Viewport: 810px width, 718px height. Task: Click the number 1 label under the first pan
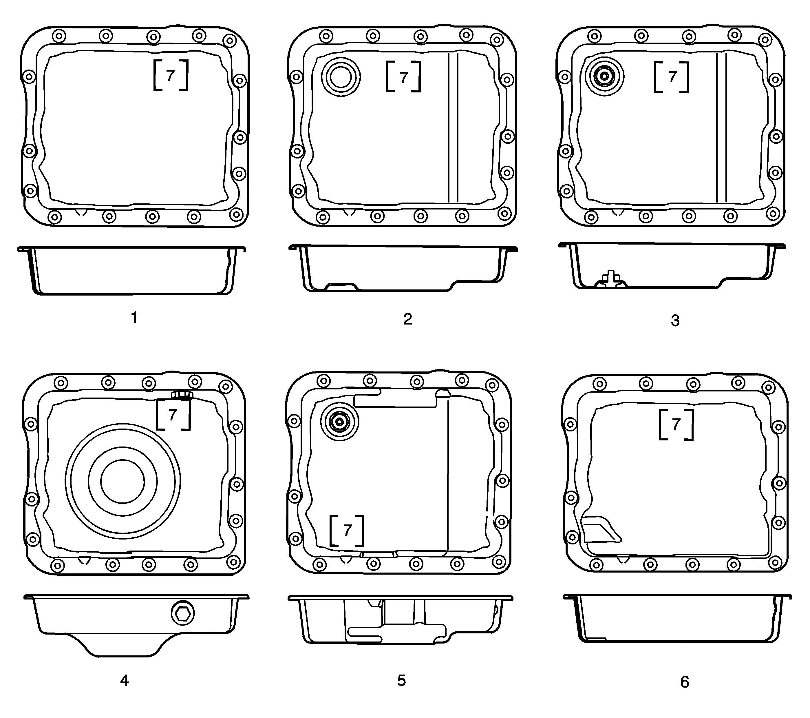tap(134, 318)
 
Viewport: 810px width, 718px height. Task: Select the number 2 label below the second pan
tap(407, 319)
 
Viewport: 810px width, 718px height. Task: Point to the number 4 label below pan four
tap(125, 681)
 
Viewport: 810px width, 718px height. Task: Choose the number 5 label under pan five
tap(401, 681)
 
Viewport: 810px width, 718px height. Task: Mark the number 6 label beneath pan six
tap(685, 682)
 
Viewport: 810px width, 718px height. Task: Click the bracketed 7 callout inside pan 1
tap(171, 75)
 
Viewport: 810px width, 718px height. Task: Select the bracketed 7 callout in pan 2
tap(403, 77)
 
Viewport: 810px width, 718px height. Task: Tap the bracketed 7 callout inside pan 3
tap(672, 77)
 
